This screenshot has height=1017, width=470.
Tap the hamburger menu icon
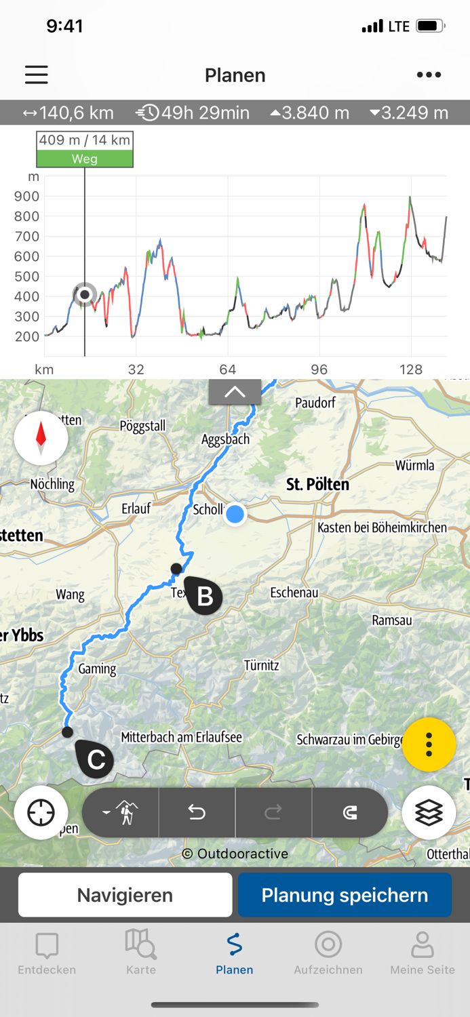coord(37,75)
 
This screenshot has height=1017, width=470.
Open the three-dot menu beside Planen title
coord(429,75)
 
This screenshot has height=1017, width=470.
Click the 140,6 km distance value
coord(68,113)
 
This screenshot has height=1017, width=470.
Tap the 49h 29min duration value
coord(193,113)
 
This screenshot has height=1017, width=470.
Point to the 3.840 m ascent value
coord(310,113)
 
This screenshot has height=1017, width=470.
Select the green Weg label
coord(85,159)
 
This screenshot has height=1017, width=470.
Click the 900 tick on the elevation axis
coord(27,197)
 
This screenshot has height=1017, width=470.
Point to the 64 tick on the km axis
coord(228,370)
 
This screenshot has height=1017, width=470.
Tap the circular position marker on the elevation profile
coord(85,294)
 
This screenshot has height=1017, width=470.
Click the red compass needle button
coord(41,438)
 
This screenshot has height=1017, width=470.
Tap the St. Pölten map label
coord(317,484)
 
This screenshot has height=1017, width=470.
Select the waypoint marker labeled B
coord(203,596)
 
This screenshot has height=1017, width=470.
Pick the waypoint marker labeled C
coord(95,759)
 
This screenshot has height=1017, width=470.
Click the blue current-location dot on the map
coord(235,514)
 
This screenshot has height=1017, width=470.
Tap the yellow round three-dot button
coord(429,744)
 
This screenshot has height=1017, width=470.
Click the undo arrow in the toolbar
coord(197,812)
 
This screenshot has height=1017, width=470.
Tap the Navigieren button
coord(125,895)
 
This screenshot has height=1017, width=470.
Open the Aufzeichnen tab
coord(328,953)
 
